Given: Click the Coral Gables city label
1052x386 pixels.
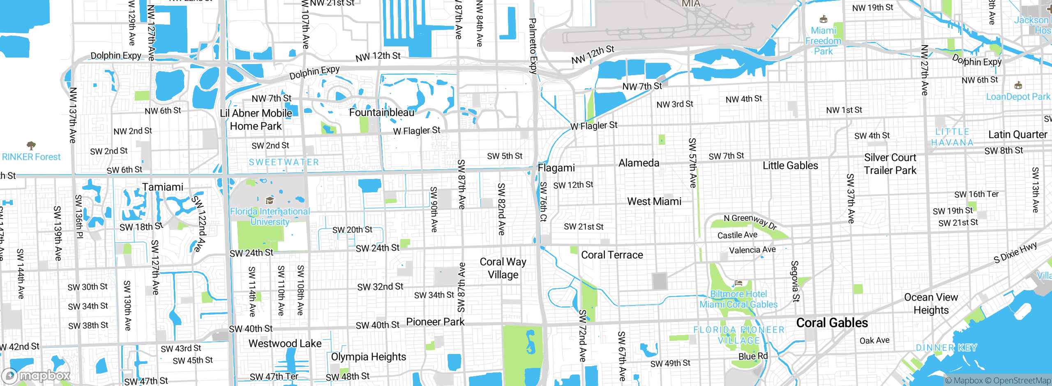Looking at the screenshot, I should pyautogui.click(x=832, y=323).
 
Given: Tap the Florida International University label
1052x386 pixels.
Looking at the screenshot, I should pyautogui.click(x=270, y=216).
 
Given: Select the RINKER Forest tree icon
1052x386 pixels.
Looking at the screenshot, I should pyautogui.click(x=31, y=145).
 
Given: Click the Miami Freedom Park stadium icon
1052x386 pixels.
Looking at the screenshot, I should pyautogui.click(x=823, y=19).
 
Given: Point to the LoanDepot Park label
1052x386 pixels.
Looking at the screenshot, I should pyautogui.click(x=1018, y=96).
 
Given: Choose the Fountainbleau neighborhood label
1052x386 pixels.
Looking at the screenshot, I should pyautogui.click(x=382, y=113).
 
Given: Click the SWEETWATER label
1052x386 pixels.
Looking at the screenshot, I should pyautogui.click(x=284, y=162).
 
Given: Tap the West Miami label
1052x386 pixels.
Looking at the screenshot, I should pyautogui.click(x=654, y=201).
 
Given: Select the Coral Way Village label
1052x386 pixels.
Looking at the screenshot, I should pyautogui.click(x=503, y=268).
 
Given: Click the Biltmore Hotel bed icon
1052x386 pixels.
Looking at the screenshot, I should pyautogui.click(x=738, y=283).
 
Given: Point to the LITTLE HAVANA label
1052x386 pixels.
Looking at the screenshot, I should pyautogui.click(x=952, y=137).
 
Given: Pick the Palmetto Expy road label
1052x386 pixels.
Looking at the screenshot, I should pyautogui.click(x=533, y=46).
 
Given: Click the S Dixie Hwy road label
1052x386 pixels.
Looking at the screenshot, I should pyautogui.click(x=1015, y=253).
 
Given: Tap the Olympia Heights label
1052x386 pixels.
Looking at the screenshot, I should pyautogui.click(x=368, y=357).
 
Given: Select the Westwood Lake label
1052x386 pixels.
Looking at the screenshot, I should pyautogui.click(x=285, y=343).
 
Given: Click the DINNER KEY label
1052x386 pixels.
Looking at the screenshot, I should pyautogui.click(x=946, y=348).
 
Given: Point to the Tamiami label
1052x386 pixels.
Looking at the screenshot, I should pyautogui.click(x=163, y=187).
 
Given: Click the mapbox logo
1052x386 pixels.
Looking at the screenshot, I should pyautogui.click(x=36, y=375).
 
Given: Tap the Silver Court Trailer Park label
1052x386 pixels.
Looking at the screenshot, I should pyautogui.click(x=890, y=164).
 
